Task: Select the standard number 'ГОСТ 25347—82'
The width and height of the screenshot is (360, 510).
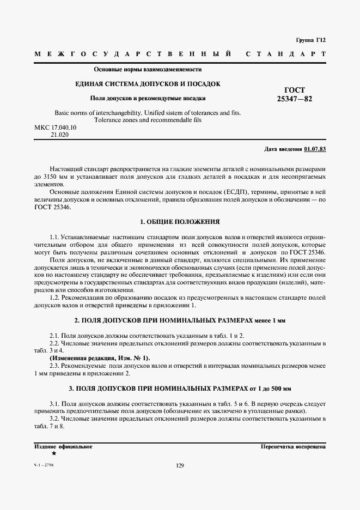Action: click(x=295, y=94)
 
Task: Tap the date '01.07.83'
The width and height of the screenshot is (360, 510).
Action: click(x=315, y=149)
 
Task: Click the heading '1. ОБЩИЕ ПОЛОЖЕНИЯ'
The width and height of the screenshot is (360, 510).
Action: click(x=180, y=222)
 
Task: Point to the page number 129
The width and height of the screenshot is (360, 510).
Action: click(x=180, y=465)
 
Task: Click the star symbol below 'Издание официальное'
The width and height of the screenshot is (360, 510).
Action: click(x=53, y=453)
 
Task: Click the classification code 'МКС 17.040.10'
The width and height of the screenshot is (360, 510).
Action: click(x=56, y=127)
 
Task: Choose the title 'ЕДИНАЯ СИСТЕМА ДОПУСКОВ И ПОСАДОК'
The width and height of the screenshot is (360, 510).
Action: click(x=147, y=84)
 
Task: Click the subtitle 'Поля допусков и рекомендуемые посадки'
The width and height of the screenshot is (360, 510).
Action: click(x=148, y=99)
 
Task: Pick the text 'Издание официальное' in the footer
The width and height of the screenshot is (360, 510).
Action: click(x=63, y=446)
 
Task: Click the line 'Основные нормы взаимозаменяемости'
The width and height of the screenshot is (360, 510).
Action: click(x=148, y=69)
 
